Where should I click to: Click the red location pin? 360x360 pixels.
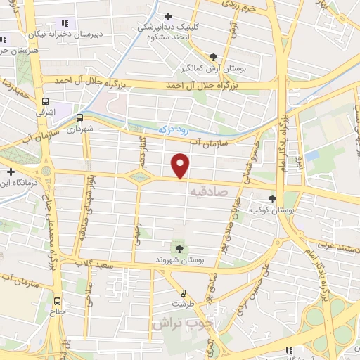click(x=181, y=167)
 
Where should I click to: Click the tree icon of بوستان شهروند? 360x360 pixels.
click(x=179, y=248)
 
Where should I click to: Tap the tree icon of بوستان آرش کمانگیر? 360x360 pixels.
click(x=213, y=56)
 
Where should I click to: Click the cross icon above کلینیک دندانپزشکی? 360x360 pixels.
click(x=167, y=15)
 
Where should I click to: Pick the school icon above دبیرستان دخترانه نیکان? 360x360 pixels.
click(x=66, y=23)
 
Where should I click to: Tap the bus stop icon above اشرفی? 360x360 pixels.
click(x=46, y=101)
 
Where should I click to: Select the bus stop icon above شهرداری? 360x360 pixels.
click(x=79, y=117)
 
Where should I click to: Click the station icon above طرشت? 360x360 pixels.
click(x=183, y=292)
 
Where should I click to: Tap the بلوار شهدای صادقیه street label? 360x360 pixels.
click(x=82, y=212)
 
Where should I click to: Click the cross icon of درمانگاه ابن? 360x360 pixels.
click(x=11, y=171)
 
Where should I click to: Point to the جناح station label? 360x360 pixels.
click(x=56, y=309)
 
